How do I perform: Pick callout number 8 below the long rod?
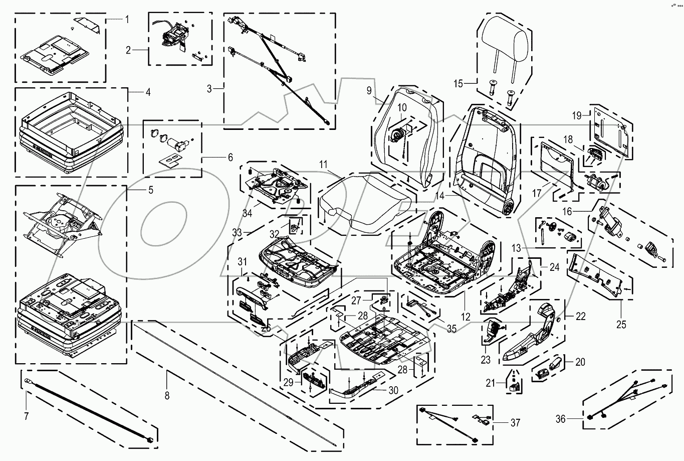click(x=167, y=395)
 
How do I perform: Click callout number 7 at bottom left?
click(x=27, y=416)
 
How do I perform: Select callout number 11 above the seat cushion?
click(x=323, y=164)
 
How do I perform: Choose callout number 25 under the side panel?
click(x=621, y=325)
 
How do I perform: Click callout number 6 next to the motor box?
click(x=231, y=158)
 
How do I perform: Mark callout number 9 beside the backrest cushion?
click(x=369, y=91)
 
